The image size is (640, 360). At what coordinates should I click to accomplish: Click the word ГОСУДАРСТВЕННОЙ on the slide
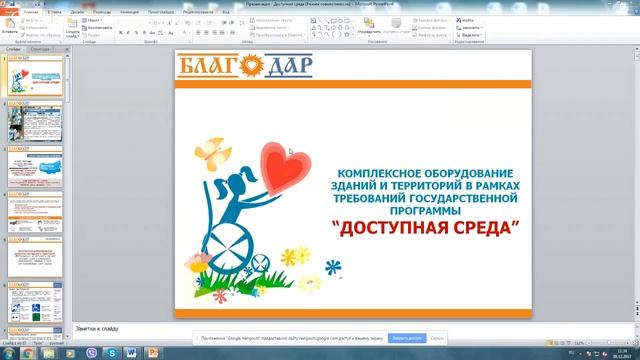click(x=473, y=198)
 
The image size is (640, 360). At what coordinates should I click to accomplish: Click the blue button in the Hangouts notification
click(x=407, y=338)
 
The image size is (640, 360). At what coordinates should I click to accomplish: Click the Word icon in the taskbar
click(x=131, y=352)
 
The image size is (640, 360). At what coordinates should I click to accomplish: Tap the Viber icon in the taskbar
click(x=93, y=352)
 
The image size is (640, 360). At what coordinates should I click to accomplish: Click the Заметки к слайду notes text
click(x=97, y=327)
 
